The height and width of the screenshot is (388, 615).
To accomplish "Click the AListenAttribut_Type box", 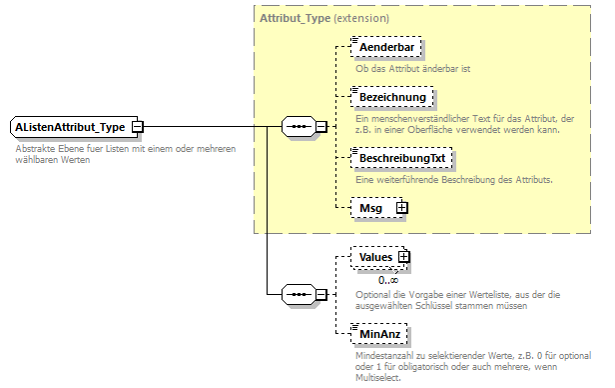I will pos(70,127).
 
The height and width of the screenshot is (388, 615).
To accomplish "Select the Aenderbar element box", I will pos(384,48).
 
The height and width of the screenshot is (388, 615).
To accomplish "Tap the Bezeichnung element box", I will pos(391,97).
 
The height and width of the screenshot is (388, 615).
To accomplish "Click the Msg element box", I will pos(372,207).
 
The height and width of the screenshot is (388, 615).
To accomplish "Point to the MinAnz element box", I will pos(380,332).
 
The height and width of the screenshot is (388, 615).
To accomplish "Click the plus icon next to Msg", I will pos(402,207).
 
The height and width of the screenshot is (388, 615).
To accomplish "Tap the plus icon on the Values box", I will pos(404,257).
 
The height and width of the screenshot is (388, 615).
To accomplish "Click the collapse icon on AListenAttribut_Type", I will pos(138,127).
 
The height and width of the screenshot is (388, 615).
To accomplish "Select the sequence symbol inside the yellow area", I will pos(299,127).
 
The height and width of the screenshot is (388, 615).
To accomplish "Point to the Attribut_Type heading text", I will pos(295,19).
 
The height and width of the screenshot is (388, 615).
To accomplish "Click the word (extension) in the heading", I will pos(360,19).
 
